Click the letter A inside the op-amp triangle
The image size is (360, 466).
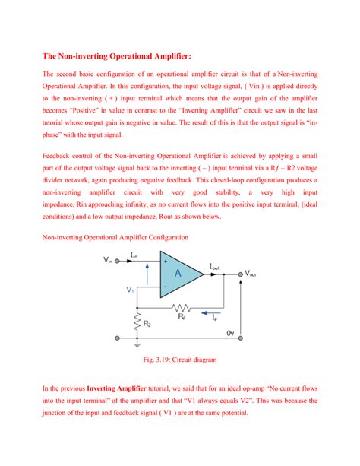pos(177,274)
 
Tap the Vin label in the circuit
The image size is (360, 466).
pos(108,261)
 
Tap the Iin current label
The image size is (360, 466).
pos(134,255)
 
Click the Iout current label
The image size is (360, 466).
pos(216,267)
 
